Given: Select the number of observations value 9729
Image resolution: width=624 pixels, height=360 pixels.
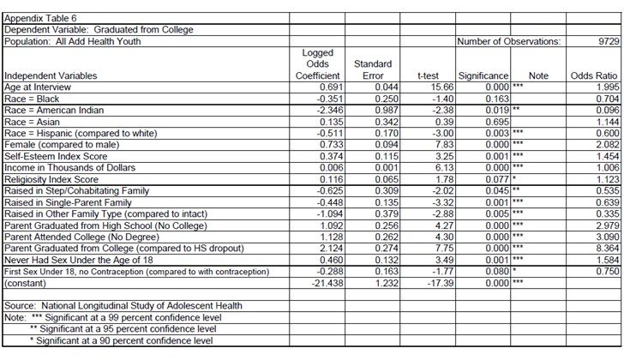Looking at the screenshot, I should click(x=603, y=41).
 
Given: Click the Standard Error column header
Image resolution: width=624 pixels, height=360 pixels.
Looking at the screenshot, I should click(x=373, y=69).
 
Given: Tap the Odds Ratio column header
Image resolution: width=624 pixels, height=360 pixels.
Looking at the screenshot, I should click(x=594, y=75).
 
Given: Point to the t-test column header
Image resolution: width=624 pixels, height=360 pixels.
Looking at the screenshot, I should click(x=428, y=75).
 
